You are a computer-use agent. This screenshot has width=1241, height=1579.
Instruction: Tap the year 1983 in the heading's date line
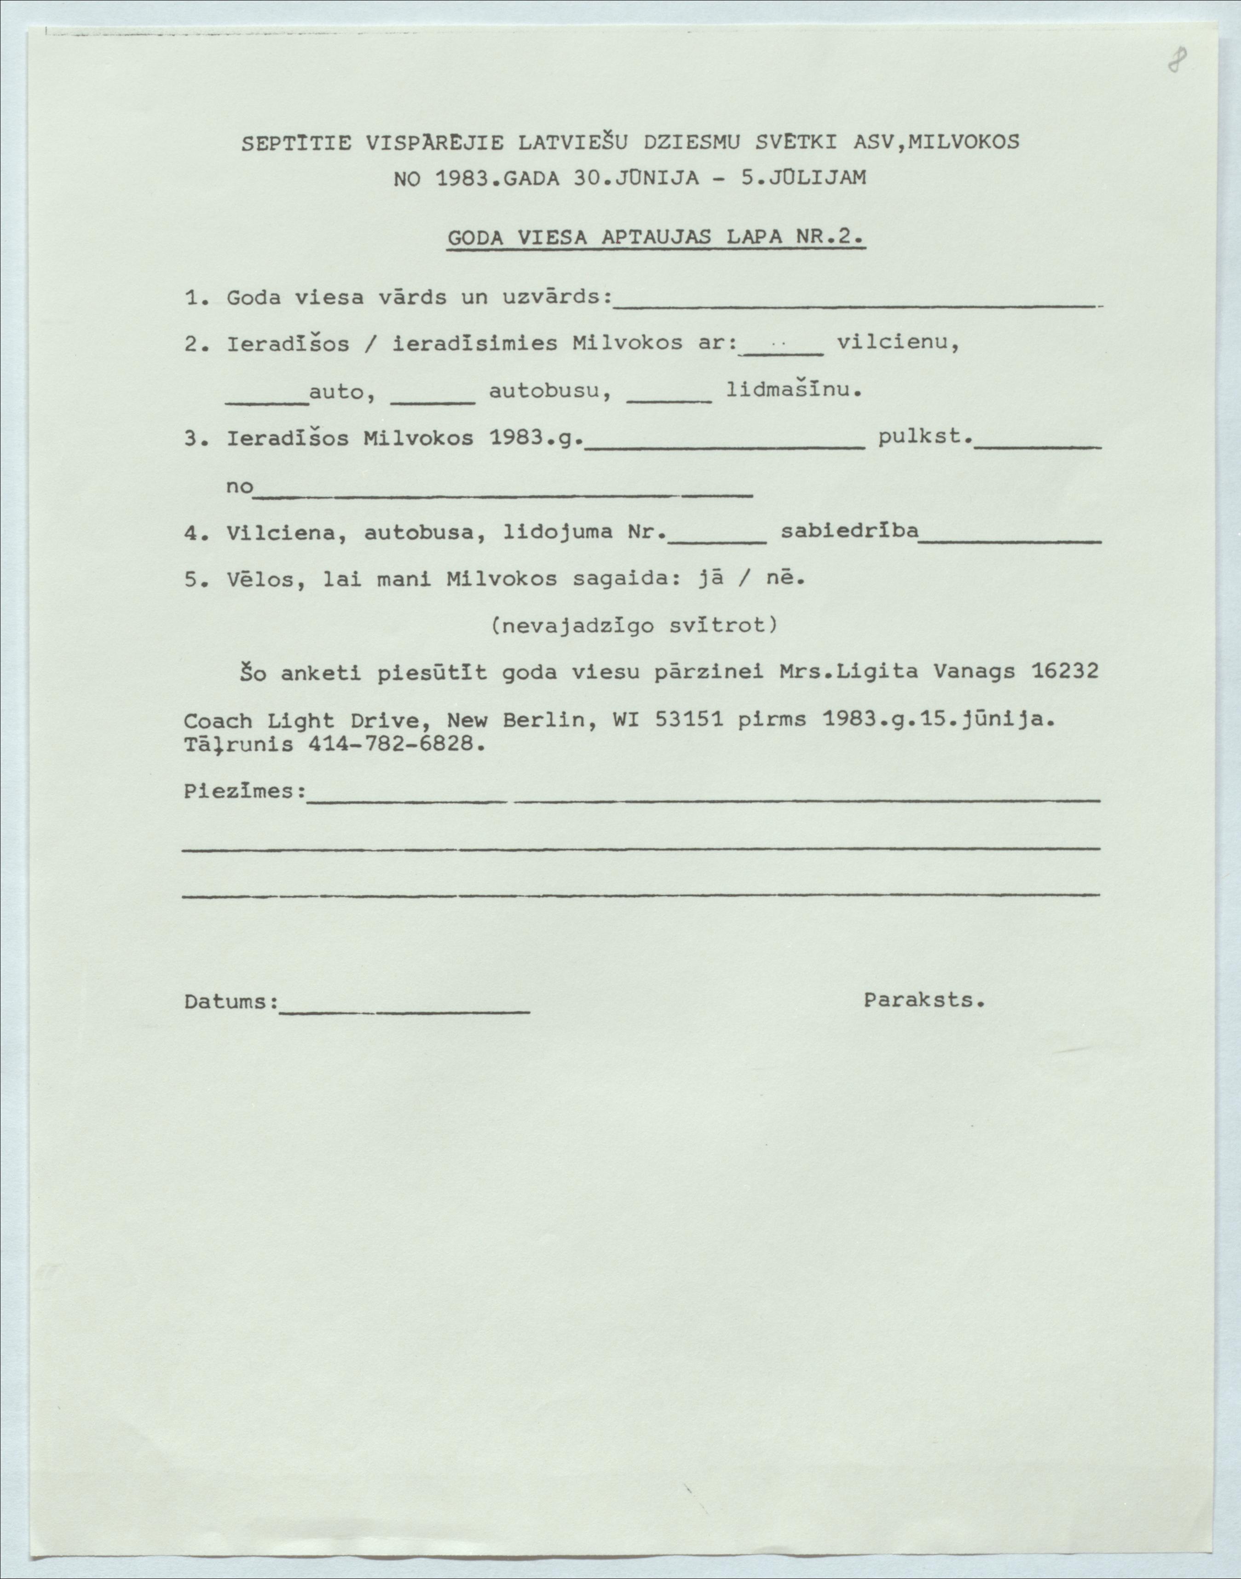tap(462, 179)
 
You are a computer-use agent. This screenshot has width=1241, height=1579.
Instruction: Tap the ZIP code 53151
tap(687, 720)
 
